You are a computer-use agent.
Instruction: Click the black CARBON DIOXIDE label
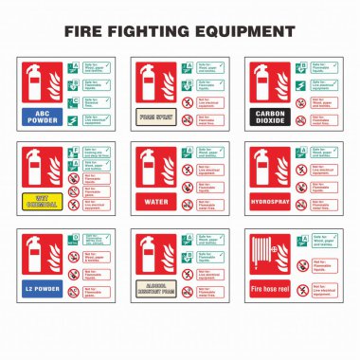point(268,118)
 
